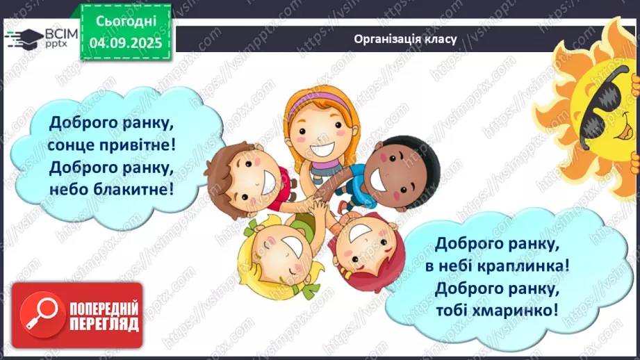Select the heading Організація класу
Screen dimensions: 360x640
coord(404,38)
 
